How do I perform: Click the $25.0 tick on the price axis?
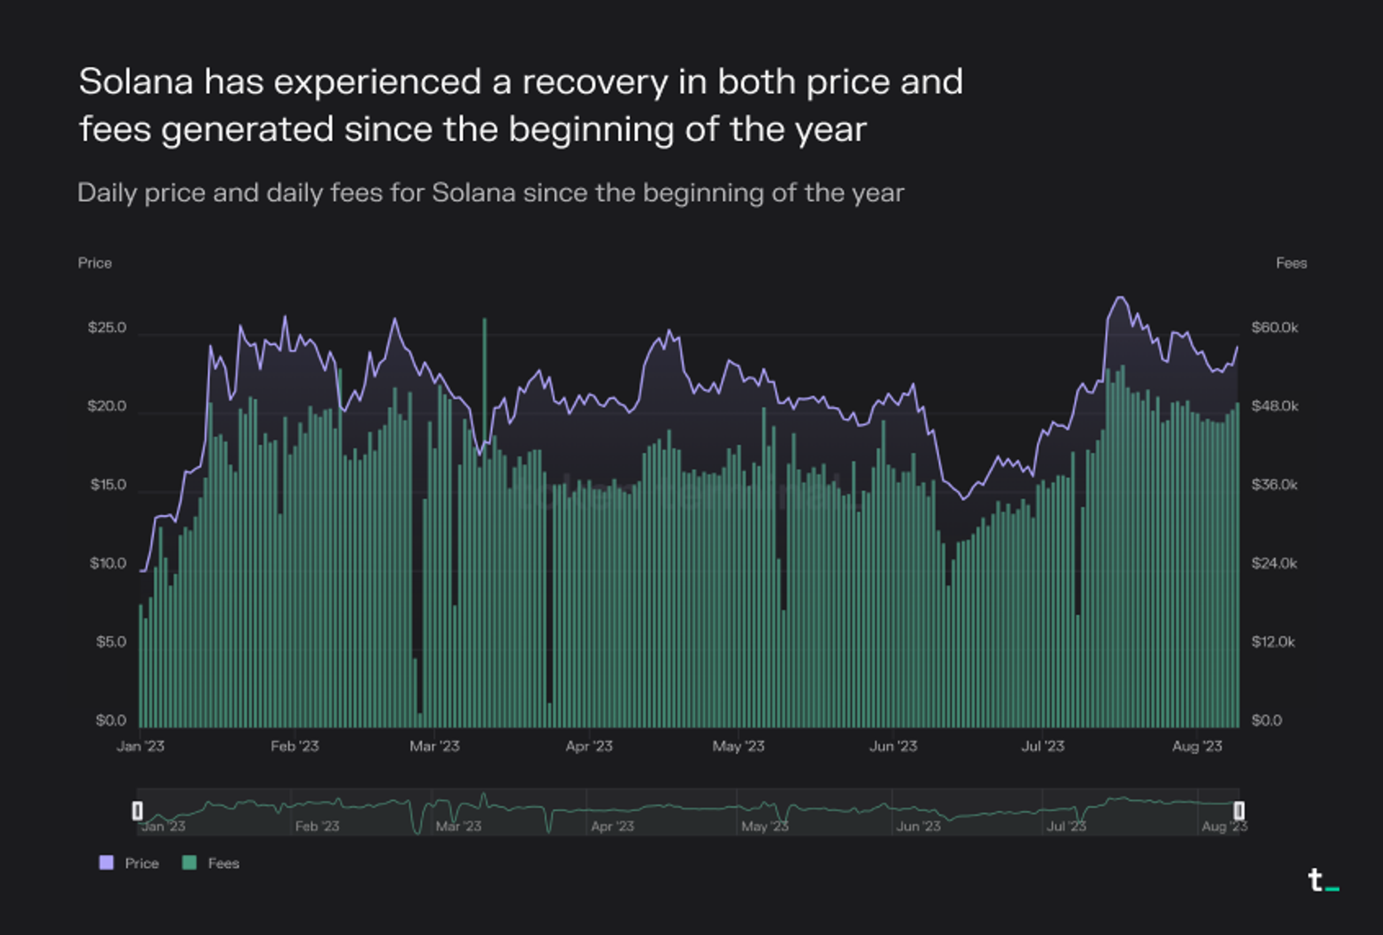(107, 328)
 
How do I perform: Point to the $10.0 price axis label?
(108, 563)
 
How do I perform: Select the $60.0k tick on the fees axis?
(1274, 328)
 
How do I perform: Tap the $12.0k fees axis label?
(1273, 642)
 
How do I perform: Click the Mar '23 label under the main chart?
(434, 747)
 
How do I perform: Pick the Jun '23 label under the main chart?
(893, 747)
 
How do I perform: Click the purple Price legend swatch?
(107, 863)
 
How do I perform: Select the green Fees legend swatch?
(189, 863)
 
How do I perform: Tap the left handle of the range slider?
(138, 811)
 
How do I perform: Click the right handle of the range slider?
(1238, 811)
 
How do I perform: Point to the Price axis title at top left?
(95, 263)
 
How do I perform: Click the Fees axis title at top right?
(1291, 263)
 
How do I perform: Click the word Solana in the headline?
(136, 81)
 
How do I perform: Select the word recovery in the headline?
(595, 81)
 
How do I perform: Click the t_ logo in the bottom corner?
(1322, 880)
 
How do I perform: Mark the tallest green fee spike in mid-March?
(485, 321)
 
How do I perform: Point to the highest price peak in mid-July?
(1121, 297)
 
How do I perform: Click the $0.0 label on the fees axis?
(1267, 720)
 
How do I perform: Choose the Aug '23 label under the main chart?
(1197, 747)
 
